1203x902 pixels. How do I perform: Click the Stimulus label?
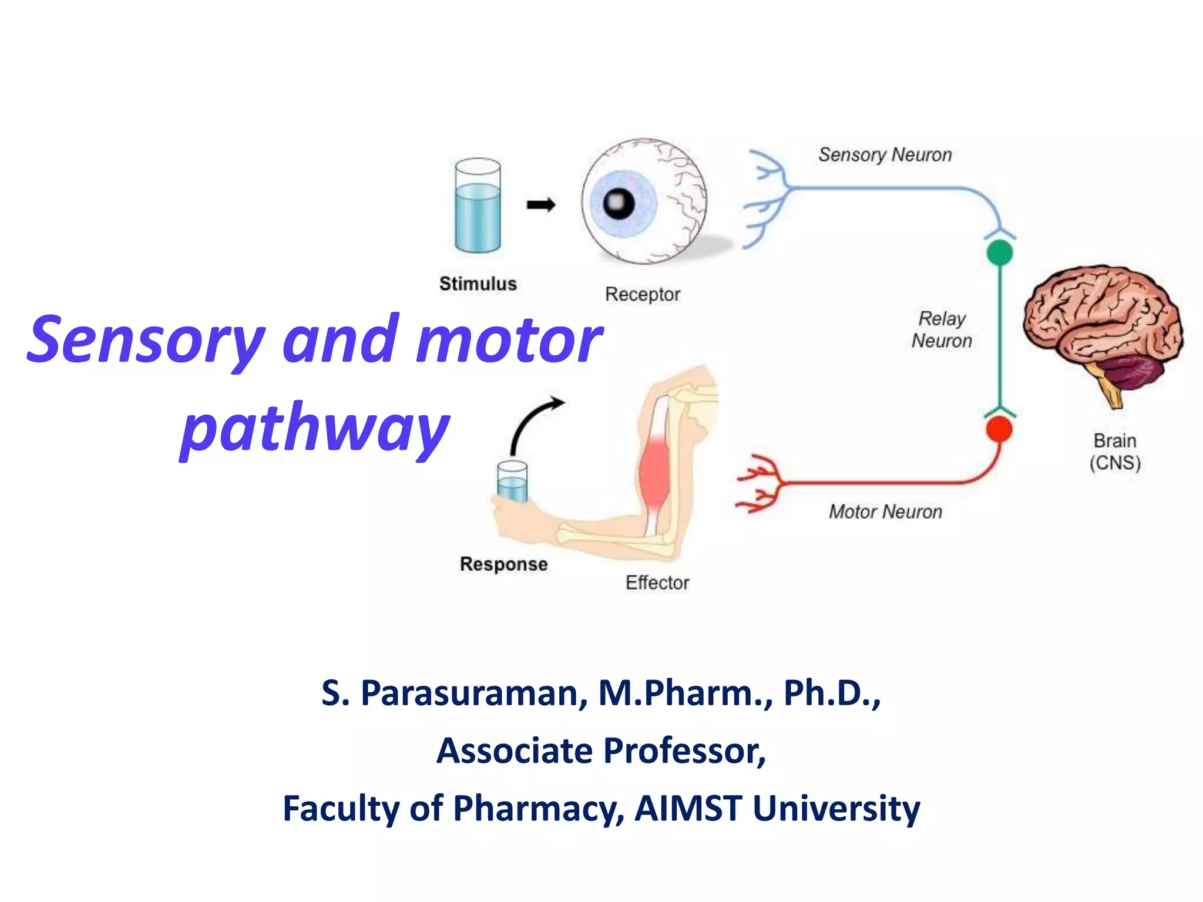(478, 284)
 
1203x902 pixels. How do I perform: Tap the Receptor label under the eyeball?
(642, 294)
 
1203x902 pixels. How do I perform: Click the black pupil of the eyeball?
(619, 204)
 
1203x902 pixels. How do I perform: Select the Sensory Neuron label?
(885, 155)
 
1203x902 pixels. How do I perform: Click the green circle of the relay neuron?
(999, 253)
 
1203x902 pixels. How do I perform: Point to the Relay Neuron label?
(942, 329)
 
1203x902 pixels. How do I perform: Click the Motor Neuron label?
(885, 512)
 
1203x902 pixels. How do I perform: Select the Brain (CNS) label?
(1114, 452)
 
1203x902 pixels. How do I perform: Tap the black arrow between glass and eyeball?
(540, 205)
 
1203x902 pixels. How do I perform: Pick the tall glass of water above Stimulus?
(478, 206)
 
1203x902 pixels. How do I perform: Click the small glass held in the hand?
(512, 482)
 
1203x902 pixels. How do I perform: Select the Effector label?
(657, 583)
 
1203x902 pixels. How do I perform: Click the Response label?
(503, 564)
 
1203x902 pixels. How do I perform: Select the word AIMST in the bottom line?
(688, 809)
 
